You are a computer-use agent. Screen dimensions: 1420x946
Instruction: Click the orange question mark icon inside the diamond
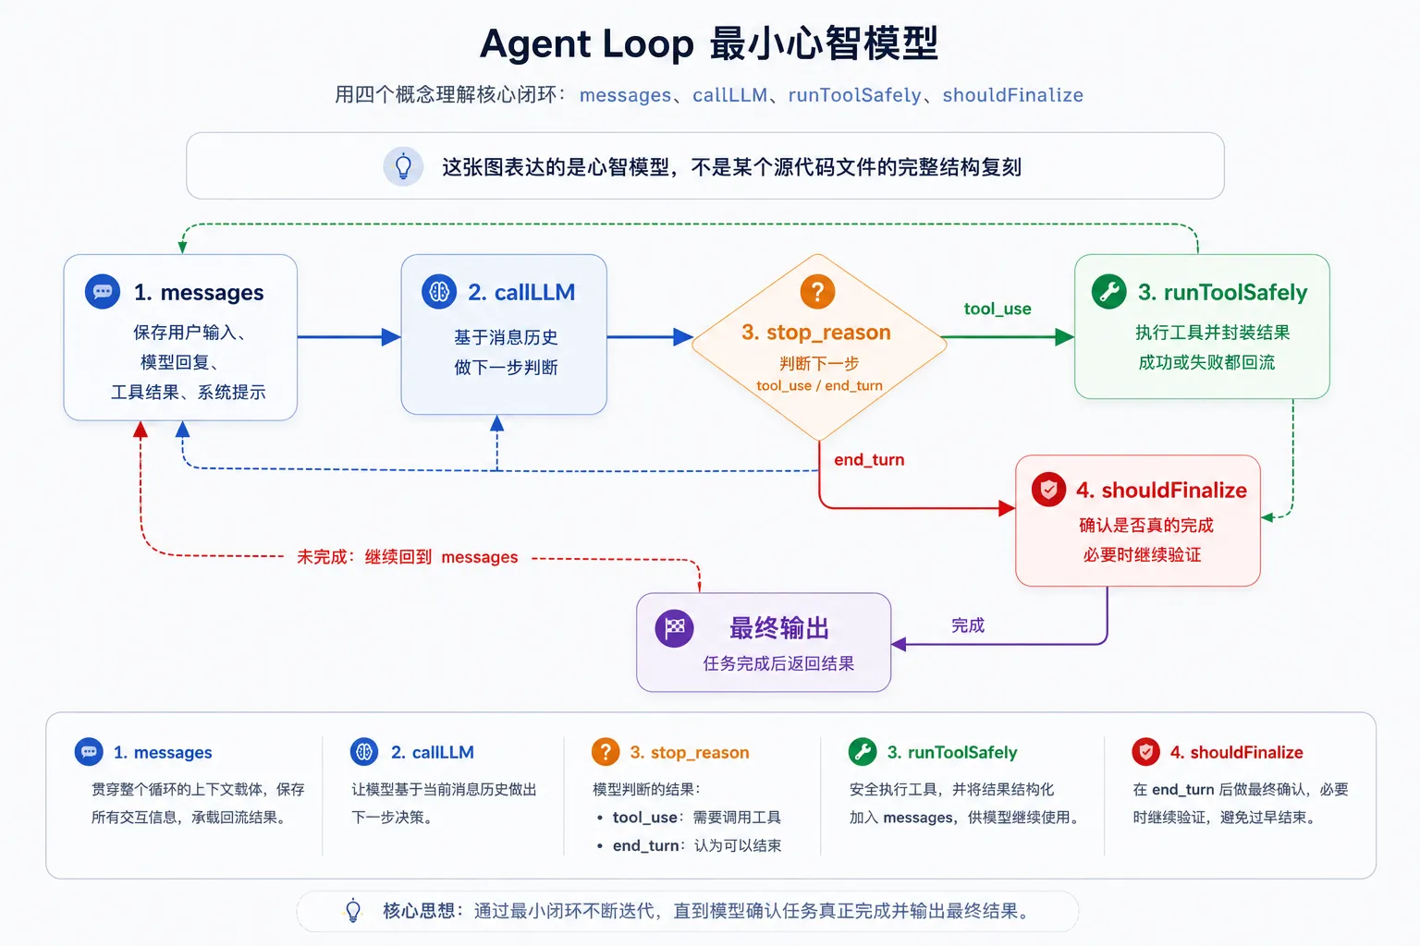817,291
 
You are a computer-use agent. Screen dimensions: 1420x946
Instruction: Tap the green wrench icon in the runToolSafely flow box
1108,291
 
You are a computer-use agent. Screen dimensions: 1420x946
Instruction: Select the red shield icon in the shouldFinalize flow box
1048,489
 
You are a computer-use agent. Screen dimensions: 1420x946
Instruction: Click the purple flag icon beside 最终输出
675,628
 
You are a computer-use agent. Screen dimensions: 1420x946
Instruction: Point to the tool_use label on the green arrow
998,309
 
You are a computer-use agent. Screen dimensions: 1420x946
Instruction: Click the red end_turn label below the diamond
869,459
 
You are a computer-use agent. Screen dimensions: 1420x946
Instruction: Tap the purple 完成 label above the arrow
967,625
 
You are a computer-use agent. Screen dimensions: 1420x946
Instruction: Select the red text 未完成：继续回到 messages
408,557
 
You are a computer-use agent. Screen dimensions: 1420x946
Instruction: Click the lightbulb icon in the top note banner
403,166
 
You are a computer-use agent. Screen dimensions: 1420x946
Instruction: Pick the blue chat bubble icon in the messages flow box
103,291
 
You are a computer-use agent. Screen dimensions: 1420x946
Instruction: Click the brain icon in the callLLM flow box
439,291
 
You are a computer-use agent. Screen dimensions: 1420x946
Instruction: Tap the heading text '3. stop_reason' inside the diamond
816,332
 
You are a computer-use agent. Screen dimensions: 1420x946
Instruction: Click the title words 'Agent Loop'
586,43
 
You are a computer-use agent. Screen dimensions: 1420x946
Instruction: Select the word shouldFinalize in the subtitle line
1013,95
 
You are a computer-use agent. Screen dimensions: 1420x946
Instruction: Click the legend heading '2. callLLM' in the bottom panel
433,752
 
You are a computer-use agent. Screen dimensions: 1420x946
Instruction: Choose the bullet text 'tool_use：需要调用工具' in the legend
697,818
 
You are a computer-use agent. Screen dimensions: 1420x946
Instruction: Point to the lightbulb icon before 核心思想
353,911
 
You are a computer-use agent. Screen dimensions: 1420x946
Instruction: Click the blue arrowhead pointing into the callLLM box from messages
391,336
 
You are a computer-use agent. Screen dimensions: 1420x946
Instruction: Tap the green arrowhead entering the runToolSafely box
1064,336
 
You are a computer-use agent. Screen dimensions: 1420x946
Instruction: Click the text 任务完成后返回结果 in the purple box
778,663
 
